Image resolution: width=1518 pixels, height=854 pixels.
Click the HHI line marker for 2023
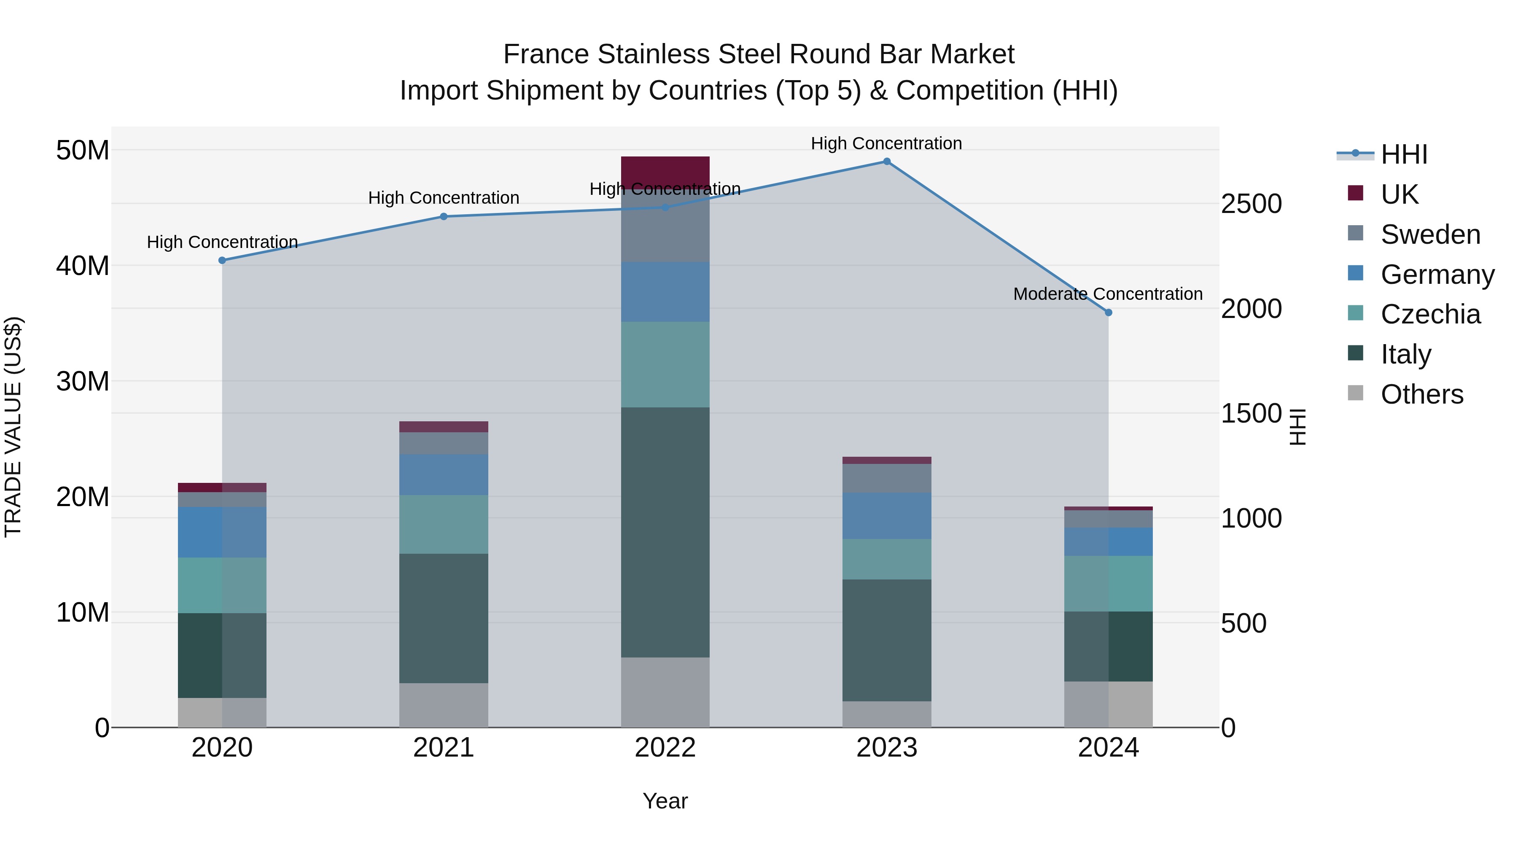886,162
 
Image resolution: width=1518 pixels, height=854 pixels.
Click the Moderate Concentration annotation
1108,294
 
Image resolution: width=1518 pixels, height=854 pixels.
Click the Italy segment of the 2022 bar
665,532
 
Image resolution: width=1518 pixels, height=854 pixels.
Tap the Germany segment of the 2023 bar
887,516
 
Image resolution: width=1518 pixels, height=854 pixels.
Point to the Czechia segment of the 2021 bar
444,524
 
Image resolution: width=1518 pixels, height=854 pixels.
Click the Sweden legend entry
1430,234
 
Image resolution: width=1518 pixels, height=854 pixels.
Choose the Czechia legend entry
1430,314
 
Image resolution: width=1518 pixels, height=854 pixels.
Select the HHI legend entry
1404,154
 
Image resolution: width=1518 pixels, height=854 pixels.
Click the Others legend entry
1421,394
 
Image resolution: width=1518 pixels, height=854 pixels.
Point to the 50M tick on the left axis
83,150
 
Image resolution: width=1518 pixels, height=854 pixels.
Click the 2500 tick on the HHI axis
1251,204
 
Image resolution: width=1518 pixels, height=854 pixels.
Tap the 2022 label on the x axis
665,748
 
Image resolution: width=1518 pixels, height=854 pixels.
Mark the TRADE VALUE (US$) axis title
13,427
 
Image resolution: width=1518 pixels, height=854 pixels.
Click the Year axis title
665,801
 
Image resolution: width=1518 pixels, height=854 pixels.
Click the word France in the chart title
546,54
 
